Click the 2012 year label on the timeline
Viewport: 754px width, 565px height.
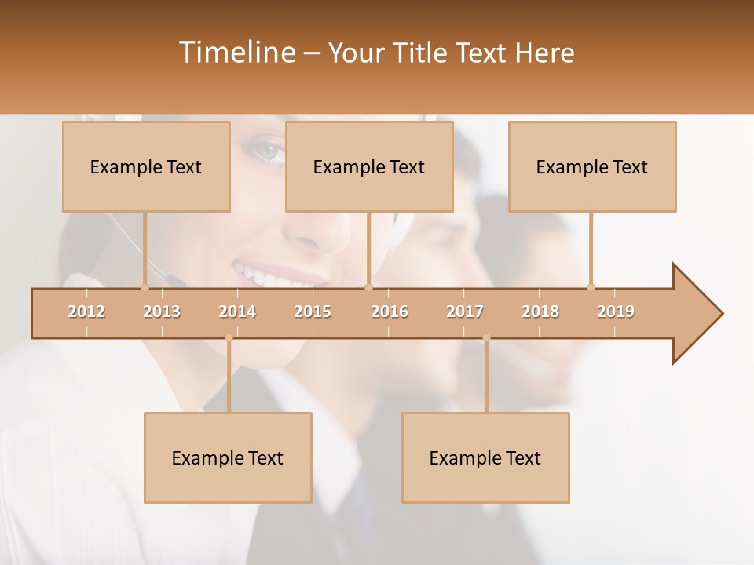[x=86, y=312]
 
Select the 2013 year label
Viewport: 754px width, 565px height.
[x=162, y=312]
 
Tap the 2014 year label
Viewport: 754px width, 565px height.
[x=237, y=312]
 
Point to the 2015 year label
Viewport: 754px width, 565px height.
[x=313, y=312]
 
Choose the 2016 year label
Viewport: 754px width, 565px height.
[x=390, y=312]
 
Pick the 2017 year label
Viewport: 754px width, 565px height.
[x=465, y=312]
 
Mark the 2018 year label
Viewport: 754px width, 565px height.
[x=540, y=312]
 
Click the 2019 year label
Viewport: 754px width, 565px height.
[x=616, y=312]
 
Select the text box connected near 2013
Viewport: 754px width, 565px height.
[x=146, y=166]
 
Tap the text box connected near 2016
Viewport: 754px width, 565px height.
[x=369, y=166]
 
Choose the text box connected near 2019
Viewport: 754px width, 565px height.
[x=592, y=166]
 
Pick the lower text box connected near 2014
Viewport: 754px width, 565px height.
[x=228, y=457]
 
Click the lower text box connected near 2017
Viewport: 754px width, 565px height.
[x=485, y=457]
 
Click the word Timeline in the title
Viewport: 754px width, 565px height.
[x=236, y=53]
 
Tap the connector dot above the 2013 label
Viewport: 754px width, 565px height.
[x=145, y=287]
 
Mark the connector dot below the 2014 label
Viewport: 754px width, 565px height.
[x=229, y=338]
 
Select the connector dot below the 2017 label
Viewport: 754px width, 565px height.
[x=486, y=338]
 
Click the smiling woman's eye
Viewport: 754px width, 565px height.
[x=269, y=151]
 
